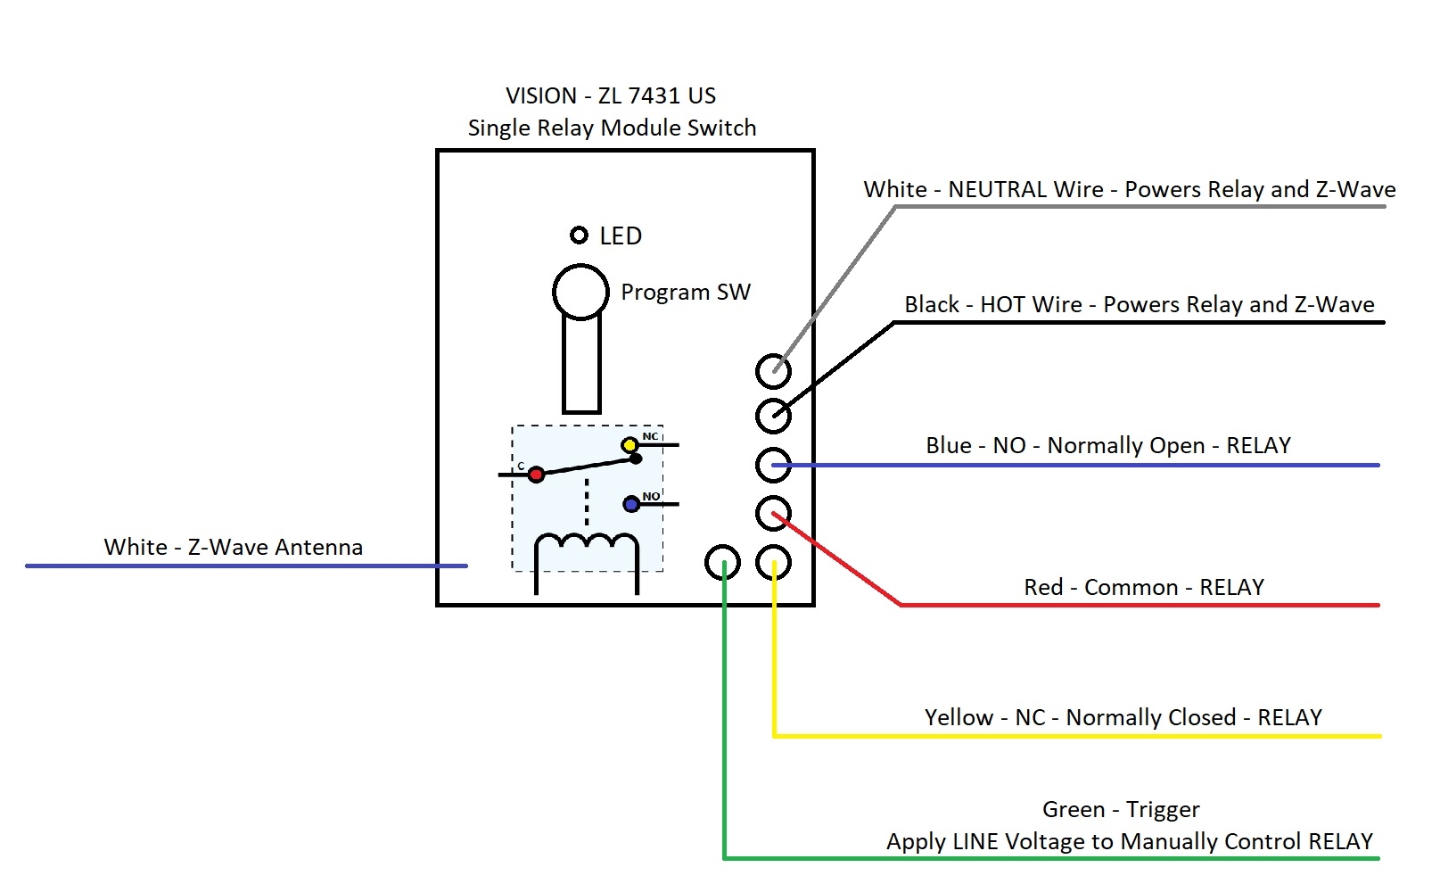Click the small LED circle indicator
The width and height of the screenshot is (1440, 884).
(x=579, y=235)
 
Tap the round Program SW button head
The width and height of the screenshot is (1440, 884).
(x=580, y=292)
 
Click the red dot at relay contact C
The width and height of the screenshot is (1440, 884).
(x=536, y=475)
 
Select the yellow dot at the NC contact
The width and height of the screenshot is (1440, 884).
(x=629, y=445)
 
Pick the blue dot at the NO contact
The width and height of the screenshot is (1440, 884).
(x=631, y=504)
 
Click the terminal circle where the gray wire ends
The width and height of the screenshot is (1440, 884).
(x=773, y=370)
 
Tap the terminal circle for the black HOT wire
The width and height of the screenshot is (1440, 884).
(x=773, y=415)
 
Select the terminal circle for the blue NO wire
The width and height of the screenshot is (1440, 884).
(x=773, y=465)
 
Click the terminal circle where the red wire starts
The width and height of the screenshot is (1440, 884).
(x=773, y=513)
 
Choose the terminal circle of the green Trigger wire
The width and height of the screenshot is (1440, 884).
(x=722, y=562)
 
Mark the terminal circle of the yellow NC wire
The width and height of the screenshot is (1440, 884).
(x=773, y=562)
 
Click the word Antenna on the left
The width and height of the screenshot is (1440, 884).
(x=319, y=548)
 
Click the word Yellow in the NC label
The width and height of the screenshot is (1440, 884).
(x=959, y=718)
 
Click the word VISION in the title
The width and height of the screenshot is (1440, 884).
(x=541, y=96)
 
